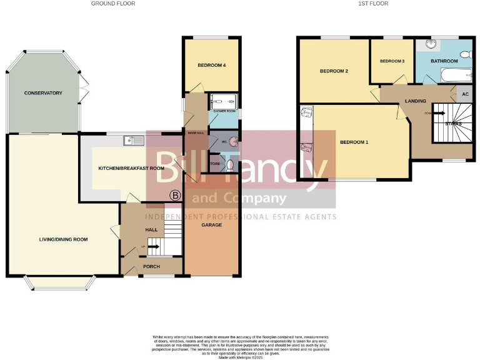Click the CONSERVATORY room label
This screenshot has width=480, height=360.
[43, 93]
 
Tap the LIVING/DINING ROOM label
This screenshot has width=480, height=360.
[64, 239]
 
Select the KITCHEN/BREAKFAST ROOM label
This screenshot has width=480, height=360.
[131, 168]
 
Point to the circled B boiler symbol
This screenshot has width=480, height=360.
[175, 196]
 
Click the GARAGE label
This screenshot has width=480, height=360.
[211, 224]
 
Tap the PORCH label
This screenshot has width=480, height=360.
[152, 267]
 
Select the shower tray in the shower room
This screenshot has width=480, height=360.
[224, 101]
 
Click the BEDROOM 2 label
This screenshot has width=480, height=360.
[334, 71]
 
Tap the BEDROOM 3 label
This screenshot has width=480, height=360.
[392, 61]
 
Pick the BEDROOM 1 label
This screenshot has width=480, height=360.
[354, 142]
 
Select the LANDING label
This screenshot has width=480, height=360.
[416, 101]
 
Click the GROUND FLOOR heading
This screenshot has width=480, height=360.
[113, 4]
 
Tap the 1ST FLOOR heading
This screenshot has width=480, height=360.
[373, 4]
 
